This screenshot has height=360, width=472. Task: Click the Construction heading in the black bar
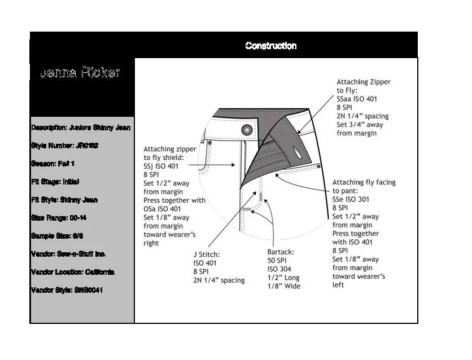[x=271, y=46]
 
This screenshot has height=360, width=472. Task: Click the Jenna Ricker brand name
[x=80, y=73]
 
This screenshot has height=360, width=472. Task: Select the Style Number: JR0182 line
[x=65, y=146]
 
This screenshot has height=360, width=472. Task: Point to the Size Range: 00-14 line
[x=59, y=218]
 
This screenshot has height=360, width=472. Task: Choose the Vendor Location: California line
[x=73, y=272]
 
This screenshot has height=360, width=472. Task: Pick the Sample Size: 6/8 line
[x=58, y=236]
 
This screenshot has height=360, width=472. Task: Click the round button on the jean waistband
[x=246, y=130]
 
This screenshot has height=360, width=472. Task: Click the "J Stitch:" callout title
[x=207, y=254]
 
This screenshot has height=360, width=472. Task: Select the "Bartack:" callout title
[x=281, y=252]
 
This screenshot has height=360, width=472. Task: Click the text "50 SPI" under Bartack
[x=279, y=261]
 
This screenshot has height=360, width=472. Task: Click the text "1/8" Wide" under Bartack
[x=284, y=286]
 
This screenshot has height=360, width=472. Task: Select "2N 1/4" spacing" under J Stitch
[x=219, y=280]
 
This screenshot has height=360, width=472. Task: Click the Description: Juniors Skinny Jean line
[x=81, y=128]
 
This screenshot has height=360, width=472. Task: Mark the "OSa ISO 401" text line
[x=166, y=209]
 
